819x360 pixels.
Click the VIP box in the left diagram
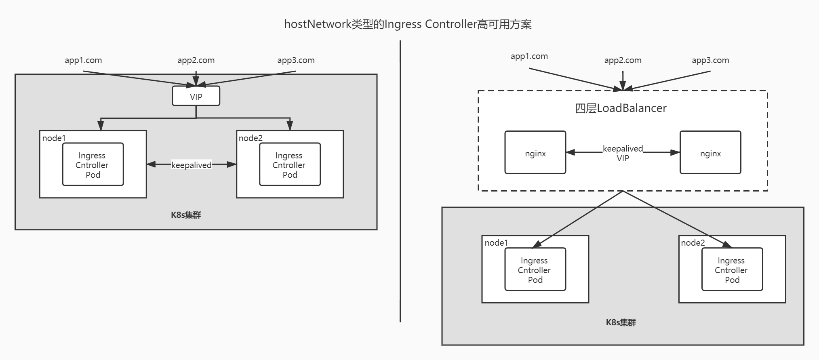click(196, 96)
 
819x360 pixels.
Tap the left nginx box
click(535, 152)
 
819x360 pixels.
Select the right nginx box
click(710, 152)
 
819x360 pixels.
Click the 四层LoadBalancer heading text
click(621, 108)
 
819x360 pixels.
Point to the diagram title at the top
click(408, 24)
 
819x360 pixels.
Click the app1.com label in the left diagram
click(83, 60)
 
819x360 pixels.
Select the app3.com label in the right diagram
click(710, 60)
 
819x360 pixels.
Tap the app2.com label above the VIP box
click(196, 60)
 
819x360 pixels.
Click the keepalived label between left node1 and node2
click(191, 165)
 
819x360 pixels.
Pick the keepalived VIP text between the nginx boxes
click(623, 154)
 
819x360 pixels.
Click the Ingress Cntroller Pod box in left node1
click(93, 164)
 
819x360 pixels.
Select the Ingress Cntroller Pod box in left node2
click(290, 164)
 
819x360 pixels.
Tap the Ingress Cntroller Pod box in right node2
click(732, 269)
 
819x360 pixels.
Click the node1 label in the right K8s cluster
click(496, 242)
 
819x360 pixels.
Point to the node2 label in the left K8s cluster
click(251, 138)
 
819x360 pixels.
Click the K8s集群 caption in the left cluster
click(186, 215)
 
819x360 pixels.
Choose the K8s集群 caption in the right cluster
click(621, 322)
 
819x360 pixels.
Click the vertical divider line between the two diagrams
click(400, 182)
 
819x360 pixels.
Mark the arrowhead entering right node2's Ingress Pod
click(728, 244)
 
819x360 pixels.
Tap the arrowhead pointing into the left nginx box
click(570, 152)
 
